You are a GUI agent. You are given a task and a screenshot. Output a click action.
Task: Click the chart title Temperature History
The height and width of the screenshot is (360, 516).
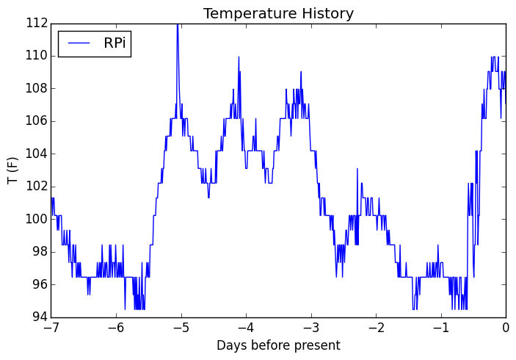278,13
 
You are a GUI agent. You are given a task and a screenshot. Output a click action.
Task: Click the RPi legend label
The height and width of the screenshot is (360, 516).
115,43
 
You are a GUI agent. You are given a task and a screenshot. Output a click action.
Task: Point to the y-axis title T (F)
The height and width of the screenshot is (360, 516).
12,170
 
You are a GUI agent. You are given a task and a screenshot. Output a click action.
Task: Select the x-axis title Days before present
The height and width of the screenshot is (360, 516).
278,345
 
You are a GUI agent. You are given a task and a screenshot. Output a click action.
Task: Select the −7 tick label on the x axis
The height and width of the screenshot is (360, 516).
51,329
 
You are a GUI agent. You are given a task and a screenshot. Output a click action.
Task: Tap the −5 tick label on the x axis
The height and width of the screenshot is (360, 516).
181,329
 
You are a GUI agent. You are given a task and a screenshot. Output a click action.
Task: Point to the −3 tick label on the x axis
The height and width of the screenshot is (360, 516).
310,329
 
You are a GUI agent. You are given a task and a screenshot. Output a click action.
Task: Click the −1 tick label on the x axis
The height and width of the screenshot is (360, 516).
440,329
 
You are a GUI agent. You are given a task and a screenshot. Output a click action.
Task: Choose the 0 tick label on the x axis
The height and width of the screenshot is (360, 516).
506,329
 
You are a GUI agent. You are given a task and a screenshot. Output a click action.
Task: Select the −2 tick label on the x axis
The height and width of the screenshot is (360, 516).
376,329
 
